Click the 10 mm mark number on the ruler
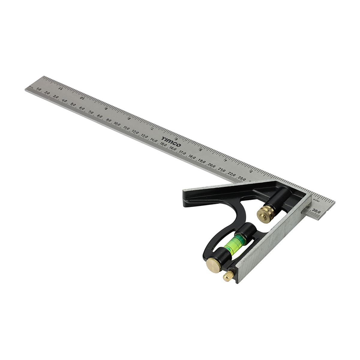(38, 89)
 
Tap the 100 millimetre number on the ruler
(117, 124)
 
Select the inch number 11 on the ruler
(61, 88)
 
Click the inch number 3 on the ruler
(251, 171)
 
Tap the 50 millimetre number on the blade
(73, 105)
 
